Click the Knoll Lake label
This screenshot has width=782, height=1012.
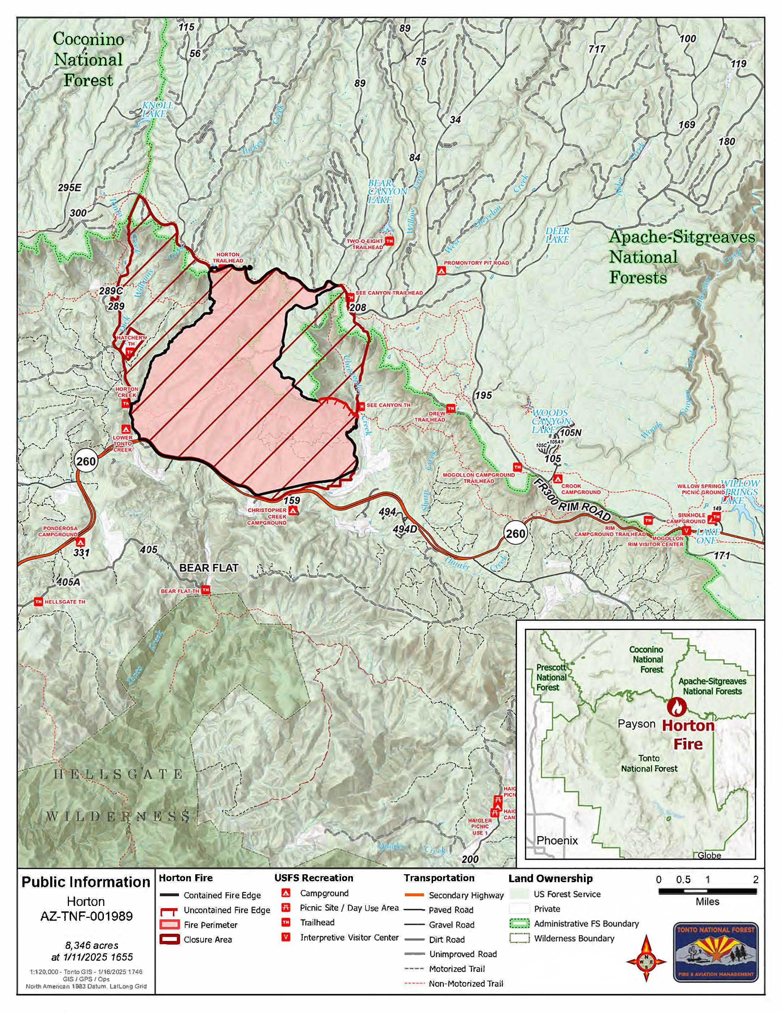click(158, 109)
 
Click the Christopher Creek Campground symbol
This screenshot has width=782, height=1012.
click(293, 511)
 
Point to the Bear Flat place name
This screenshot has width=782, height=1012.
click(209, 568)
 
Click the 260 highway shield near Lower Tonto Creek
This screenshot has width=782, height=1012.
click(86, 461)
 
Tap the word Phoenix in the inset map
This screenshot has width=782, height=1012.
click(557, 840)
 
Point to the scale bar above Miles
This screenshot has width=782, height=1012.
click(707, 890)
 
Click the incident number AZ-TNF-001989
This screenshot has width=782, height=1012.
click(86, 916)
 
